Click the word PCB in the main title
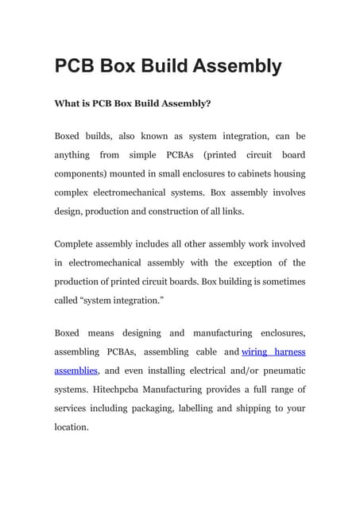75,66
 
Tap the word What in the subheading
67,103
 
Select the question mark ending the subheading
208,103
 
